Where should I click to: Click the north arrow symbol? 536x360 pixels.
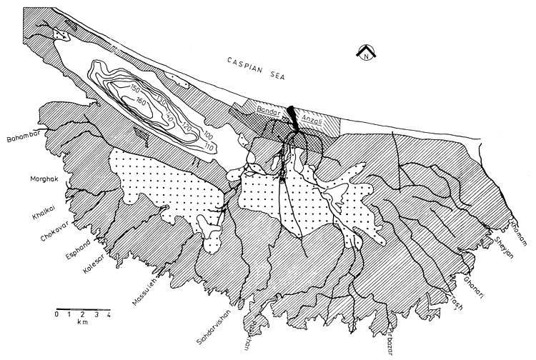click(365, 53)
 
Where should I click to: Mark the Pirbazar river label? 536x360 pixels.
click(389, 335)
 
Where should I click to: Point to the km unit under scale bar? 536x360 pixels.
click(80, 323)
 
